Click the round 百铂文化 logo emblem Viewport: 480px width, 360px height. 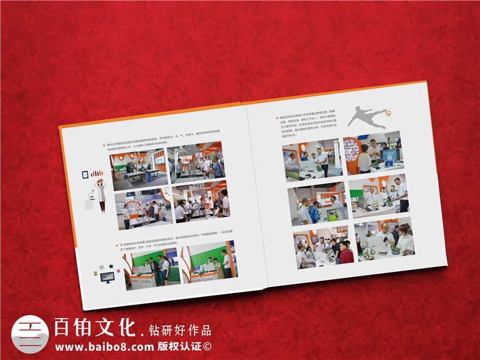click(30, 334)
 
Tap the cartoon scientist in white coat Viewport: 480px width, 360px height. click(101, 194)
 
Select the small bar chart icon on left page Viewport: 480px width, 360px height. click(97, 173)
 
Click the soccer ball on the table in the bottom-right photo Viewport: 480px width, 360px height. click(368, 250)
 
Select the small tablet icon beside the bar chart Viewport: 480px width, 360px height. click(85, 175)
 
